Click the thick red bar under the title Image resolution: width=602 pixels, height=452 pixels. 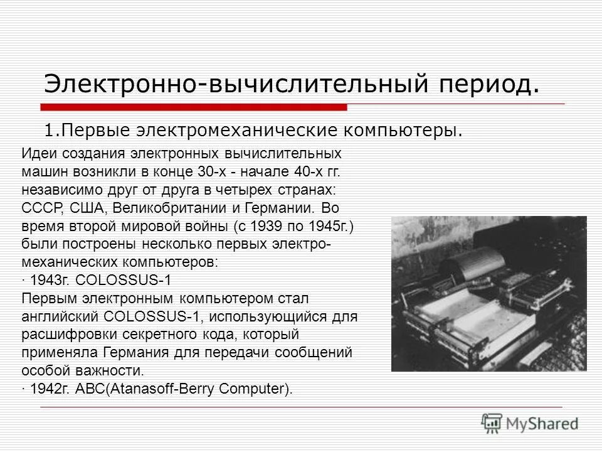(194, 107)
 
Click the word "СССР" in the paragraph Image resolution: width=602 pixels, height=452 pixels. (40, 208)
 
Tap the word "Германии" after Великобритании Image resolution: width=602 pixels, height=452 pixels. (280, 208)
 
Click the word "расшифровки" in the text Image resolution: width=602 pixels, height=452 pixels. (61, 334)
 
